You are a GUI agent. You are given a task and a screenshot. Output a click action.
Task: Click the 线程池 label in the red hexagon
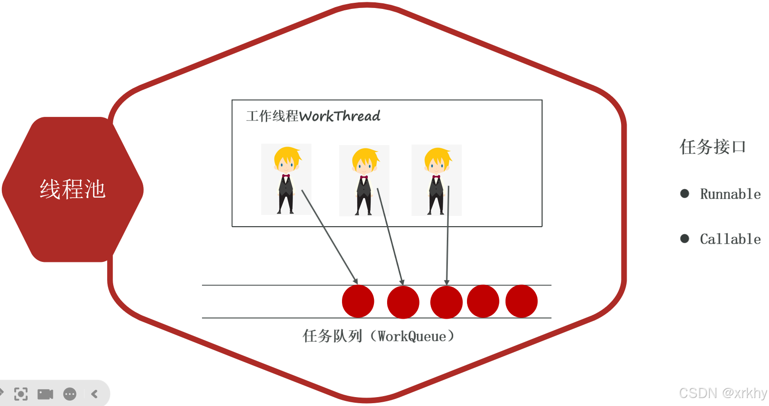click(73, 190)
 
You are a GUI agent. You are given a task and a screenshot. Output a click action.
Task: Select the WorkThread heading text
click(313, 116)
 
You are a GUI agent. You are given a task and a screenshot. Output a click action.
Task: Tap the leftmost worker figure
click(286, 179)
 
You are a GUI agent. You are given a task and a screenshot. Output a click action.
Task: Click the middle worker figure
click(364, 181)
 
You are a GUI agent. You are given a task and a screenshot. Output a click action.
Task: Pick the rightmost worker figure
click(436, 180)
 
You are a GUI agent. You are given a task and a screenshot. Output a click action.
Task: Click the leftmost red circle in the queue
click(358, 301)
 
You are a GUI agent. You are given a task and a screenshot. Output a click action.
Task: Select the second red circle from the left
click(403, 302)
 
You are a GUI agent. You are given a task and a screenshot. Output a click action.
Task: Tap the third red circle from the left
click(446, 302)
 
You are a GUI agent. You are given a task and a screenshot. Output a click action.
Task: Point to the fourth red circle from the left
click(483, 301)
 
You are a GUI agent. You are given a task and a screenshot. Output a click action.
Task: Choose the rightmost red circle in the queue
click(521, 301)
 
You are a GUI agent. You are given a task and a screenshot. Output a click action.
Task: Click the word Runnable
click(730, 194)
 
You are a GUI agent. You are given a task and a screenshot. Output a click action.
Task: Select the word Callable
click(730, 239)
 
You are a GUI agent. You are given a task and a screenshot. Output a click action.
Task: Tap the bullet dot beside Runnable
click(685, 193)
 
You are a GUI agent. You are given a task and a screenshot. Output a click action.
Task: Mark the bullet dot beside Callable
click(685, 238)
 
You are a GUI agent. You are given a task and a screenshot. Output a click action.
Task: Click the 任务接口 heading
click(713, 147)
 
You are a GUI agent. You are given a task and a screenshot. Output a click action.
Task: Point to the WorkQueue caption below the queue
click(378, 336)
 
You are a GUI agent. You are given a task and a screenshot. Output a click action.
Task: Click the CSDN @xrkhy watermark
click(722, 393)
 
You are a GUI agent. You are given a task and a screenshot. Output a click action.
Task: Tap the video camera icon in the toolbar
click(46, 394)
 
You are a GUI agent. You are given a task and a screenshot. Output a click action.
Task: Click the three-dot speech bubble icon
click(70, 394)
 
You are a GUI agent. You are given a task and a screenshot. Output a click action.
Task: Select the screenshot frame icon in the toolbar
click(21, 394)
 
